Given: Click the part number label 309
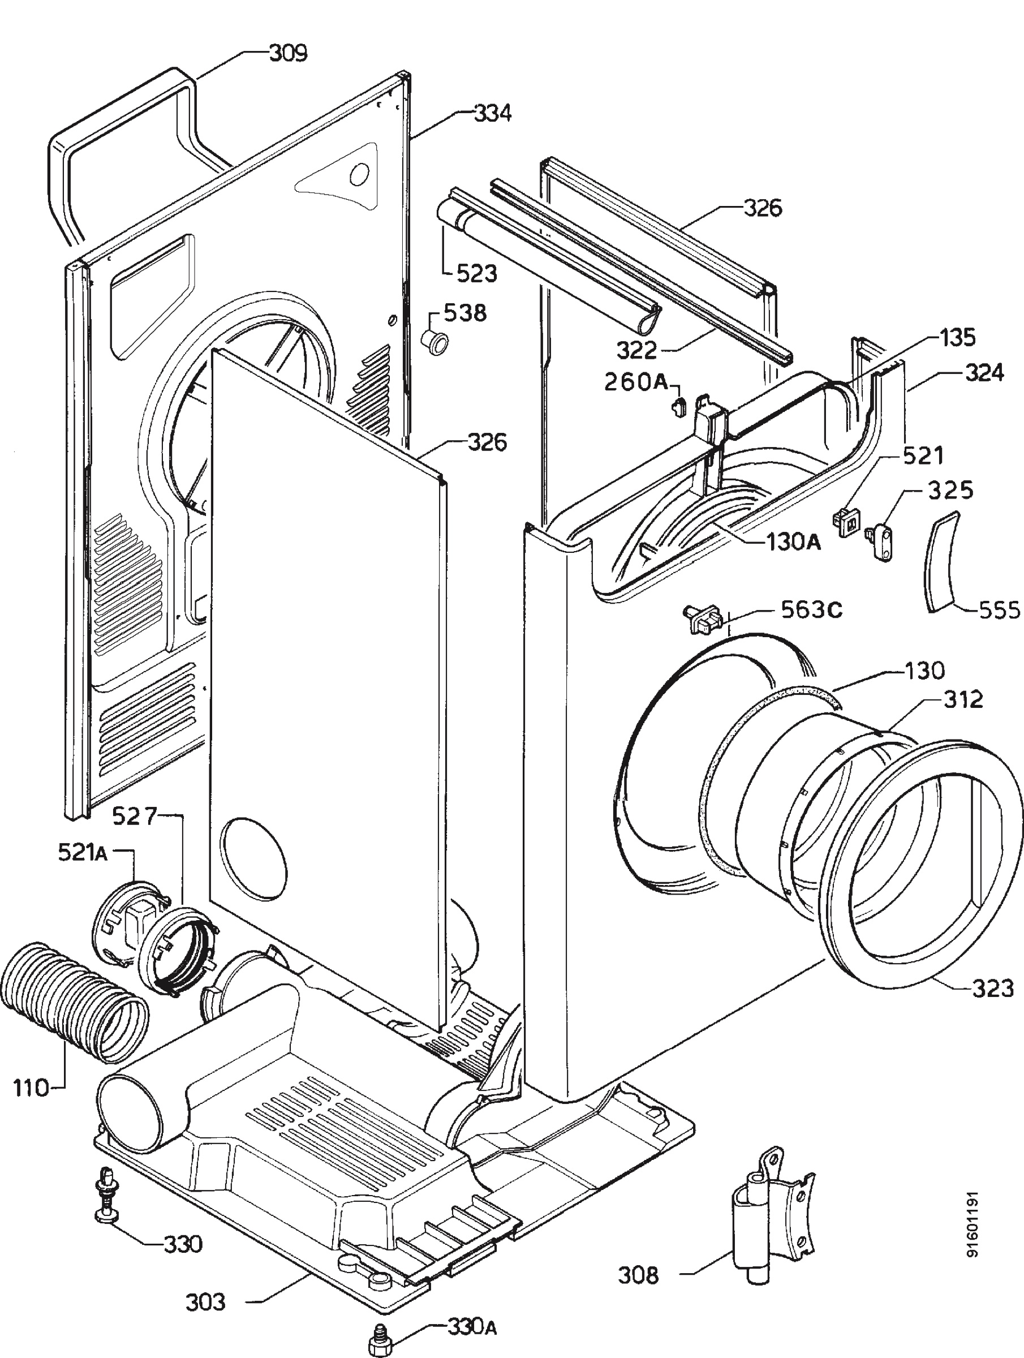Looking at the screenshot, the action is pyautogui.click(x=289, y=53).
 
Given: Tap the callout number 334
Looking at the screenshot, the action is pyautogui.click(x=492, y=113).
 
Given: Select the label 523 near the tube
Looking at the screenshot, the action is pyautogui.click(x=476, y=273).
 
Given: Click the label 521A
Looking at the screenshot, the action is pyautogui.click(x=83, y=853).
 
